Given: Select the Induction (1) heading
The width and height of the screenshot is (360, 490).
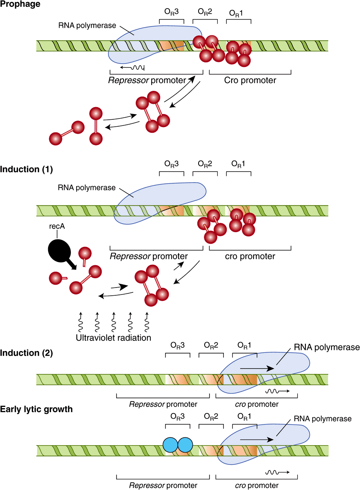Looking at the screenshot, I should (27, 169).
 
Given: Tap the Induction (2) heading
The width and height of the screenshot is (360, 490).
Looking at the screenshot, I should (27, 353).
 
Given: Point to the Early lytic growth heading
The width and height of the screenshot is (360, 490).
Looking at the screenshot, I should (36, 409).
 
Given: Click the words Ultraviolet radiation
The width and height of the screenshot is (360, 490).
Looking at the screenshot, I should (113, 338).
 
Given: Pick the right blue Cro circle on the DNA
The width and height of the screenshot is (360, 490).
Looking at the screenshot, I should (185, 445).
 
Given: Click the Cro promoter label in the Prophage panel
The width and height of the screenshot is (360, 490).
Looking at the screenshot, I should (250, 80).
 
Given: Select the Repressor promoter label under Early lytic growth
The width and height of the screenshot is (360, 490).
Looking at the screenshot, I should (163, 485).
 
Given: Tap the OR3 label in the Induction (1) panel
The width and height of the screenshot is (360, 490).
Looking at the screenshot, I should (171, 164).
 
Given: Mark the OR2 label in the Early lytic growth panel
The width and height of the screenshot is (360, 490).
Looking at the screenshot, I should (211, 417).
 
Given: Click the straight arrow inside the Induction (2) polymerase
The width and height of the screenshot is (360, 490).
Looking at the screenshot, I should (257, 368).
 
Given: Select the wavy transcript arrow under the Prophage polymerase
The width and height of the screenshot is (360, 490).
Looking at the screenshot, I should (133, 68).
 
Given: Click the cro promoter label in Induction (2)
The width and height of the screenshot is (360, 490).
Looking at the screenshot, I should (257, 404).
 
